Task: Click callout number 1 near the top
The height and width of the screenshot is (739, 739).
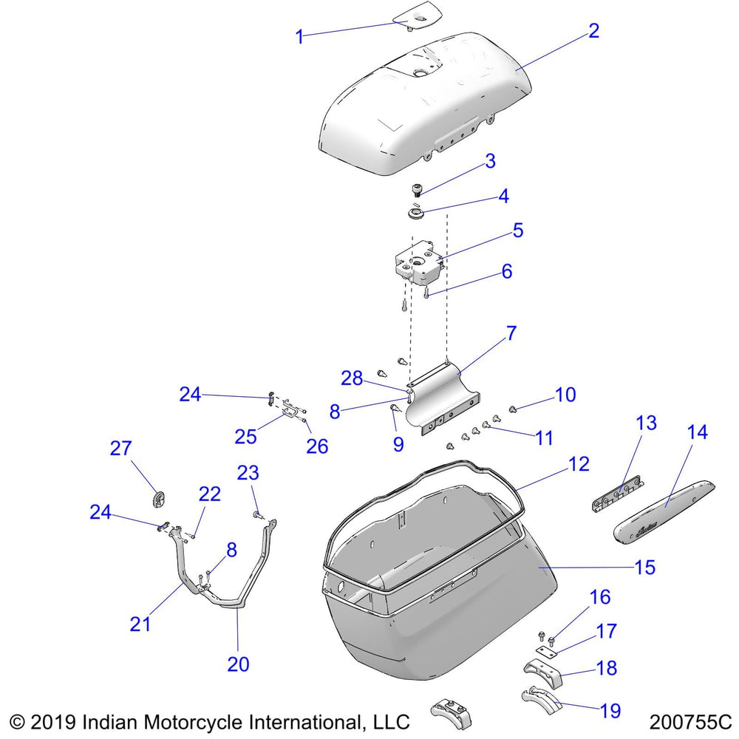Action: point(299,36)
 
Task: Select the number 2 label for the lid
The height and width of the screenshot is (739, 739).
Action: point(593,31)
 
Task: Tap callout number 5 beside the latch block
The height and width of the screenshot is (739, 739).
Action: point(518,231)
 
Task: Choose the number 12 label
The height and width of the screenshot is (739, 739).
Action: point(579,464)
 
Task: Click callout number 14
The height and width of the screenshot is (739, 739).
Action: point(698,432)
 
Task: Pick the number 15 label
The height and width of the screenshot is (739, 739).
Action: point(644,568)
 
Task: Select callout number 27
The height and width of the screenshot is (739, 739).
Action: point(120,449)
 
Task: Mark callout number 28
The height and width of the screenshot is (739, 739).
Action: point(352,378)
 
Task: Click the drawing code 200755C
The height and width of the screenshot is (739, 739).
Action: point(690,721)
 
